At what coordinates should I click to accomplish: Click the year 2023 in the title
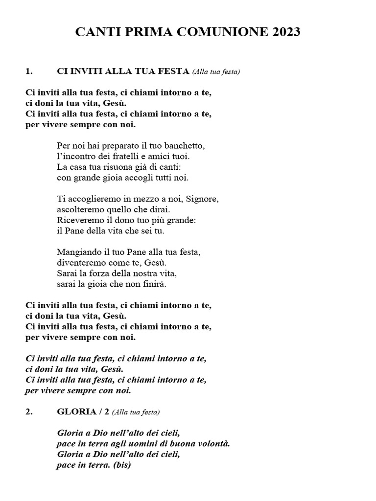click(x=282, y=32)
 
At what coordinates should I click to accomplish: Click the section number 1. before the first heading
click(x=29, y=71)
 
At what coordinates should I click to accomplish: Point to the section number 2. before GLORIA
click(x=29, y=412)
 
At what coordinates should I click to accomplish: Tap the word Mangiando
click(x=80, y=252)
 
